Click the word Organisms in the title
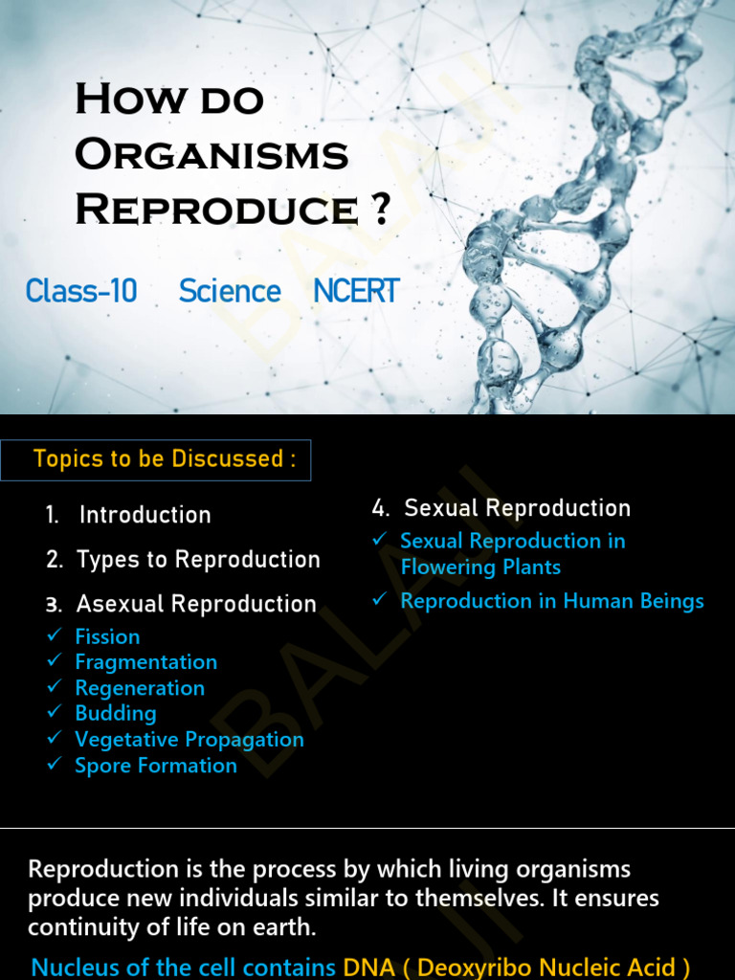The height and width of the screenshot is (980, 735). (212, 154)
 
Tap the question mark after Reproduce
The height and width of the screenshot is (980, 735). (380, 209)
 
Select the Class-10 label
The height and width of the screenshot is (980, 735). (81, 291)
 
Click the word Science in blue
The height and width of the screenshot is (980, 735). (230, 291)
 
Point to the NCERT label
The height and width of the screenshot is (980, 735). (356, 291)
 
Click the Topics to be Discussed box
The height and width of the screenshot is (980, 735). (157, 459)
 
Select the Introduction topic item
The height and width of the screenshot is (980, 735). (145, 515)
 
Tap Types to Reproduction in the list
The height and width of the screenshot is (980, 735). (198, 559)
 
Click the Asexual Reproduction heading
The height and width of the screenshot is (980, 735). (196, 604)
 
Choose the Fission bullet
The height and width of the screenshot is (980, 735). (107, 636)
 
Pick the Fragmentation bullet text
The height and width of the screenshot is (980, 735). (145, 662)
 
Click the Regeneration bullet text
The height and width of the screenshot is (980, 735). (140, 688)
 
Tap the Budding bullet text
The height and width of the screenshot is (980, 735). (116, 713)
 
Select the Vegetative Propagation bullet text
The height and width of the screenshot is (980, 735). (189, 740)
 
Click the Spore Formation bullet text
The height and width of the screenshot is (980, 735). (156, 766)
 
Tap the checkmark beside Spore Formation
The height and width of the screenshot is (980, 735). (55, 765)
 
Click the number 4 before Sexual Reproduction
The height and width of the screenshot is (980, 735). (379, 508)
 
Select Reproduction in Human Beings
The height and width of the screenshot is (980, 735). (552, 601)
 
